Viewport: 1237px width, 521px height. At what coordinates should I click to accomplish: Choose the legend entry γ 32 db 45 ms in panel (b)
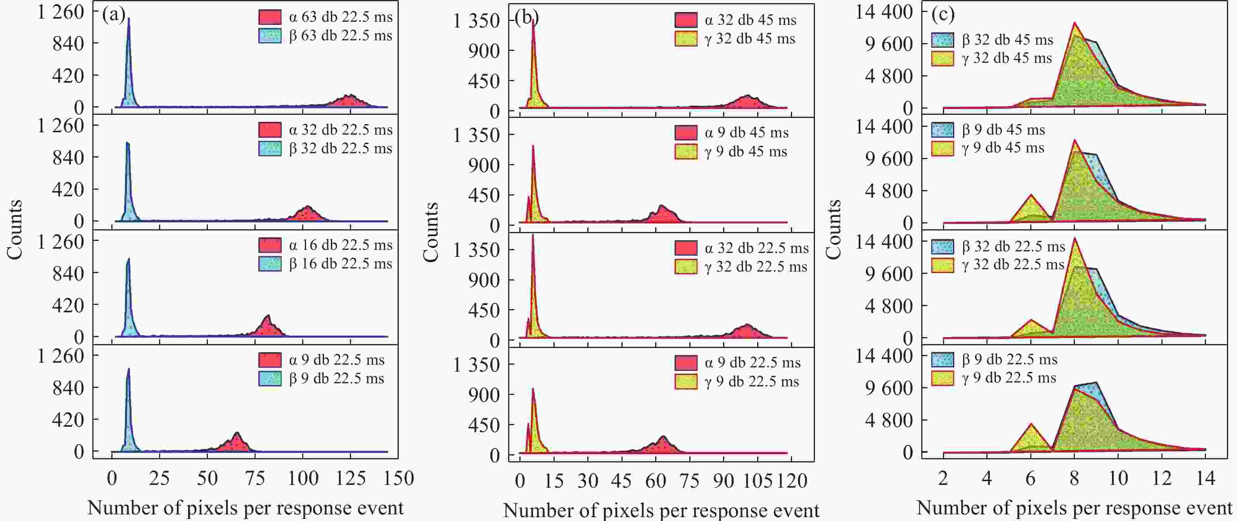click(x=749, y=39)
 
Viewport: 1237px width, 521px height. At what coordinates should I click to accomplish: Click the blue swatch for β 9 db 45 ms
click(x=942, y=130)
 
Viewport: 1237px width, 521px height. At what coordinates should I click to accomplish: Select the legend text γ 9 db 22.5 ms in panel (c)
click(x=1009, y=378)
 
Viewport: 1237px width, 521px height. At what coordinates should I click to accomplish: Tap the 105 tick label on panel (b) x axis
click(x=757, y=481)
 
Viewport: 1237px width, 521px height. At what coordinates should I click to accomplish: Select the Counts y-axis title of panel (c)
click(x=834, y=230)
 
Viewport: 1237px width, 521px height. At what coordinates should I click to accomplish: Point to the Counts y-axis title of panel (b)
click(x=431, y=232)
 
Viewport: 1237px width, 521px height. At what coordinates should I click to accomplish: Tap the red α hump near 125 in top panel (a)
click(x=351, y=101)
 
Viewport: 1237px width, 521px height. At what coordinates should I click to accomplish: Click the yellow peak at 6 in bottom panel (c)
click(x=1031, y=437)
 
